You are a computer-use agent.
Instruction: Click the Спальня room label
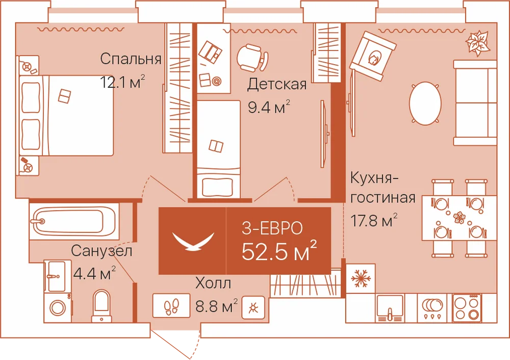(x=131, y=59)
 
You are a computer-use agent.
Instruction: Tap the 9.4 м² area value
(x=269, y=107)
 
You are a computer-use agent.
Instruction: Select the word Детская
(x=277, y=84)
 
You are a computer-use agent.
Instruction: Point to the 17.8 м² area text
(x=374, y=220)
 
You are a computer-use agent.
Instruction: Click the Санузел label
(x=102, y=251)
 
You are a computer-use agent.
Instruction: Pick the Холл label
(x=213, y=283)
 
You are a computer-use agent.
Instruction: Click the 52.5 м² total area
(x=279, y=250)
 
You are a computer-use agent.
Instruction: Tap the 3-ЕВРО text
(x=272, y=228)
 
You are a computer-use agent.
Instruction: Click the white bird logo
(x=193, y=241)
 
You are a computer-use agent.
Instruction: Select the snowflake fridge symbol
(x=361, y=278)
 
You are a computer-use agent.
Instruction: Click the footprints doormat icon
(x=171, y=306)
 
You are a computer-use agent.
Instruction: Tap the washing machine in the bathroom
(x=58, y=307)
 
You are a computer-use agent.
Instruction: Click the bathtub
(x=74, y=221)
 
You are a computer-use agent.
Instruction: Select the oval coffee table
(x=425, y=104)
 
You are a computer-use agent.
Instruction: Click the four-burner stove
(x=467, y=307)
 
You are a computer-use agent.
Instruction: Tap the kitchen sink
(x=390, y=308)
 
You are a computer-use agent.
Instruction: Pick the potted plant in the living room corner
(x=477, y=43)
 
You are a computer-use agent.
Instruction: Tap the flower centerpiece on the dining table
(x=460, y=217)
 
